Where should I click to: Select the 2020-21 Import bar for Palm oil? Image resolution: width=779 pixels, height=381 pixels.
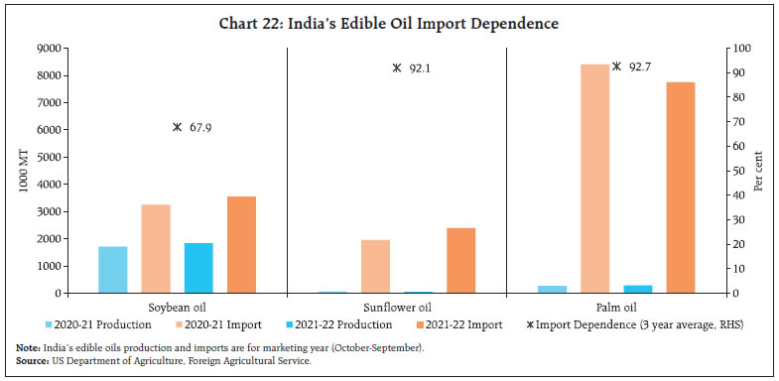coord(595,179)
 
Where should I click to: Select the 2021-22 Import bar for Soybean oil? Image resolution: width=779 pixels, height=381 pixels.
coord(241,245)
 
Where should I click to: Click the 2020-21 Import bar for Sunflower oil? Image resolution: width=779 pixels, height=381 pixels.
coord(375,266)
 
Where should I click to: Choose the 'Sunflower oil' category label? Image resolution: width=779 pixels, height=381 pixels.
coord(397,307)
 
